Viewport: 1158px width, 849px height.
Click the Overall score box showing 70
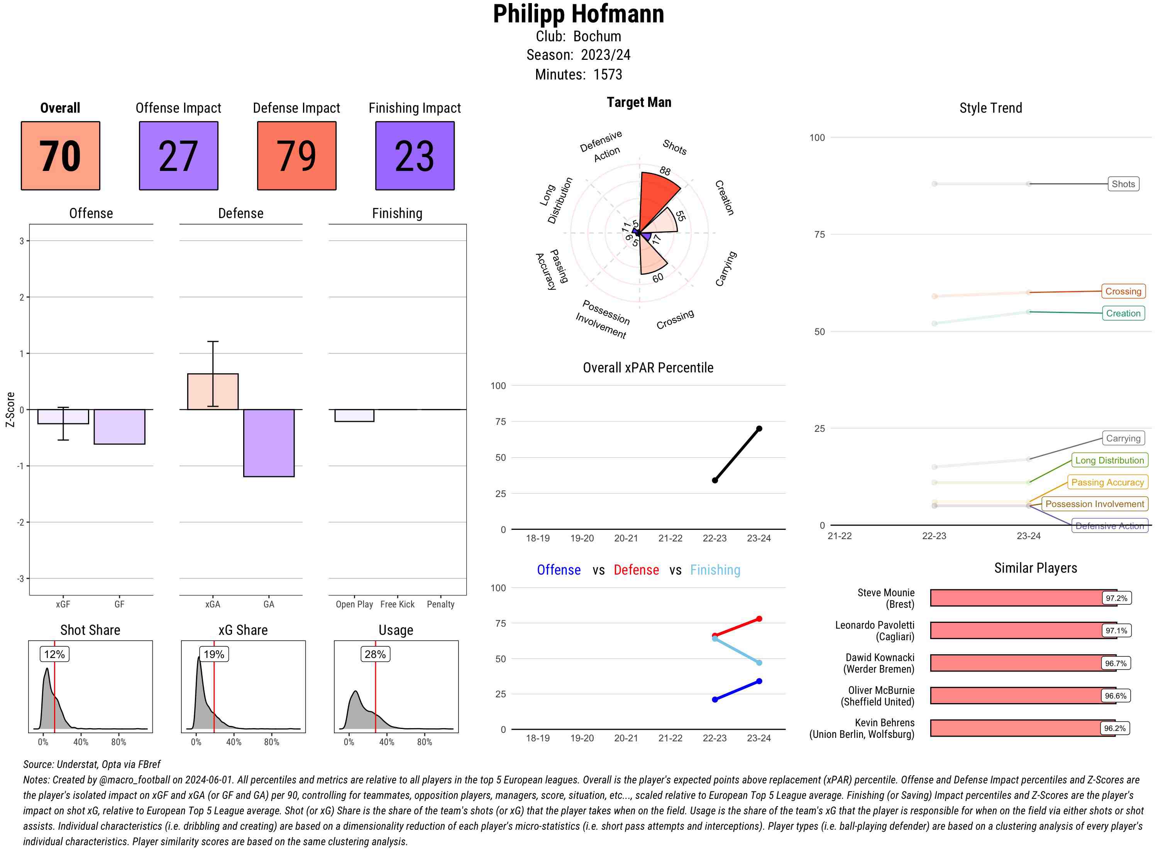[x=60, y=156]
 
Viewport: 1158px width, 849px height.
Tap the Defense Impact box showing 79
[x=296, y=156]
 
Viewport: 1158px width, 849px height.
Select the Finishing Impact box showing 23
[x=415, y=156]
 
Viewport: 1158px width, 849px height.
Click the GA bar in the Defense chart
[x=269, y=443]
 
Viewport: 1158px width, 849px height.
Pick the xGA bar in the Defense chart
[x=213, y=392]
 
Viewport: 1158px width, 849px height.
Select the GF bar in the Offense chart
[x=119, y=426]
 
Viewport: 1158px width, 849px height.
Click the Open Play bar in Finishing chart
[x=354, y=415]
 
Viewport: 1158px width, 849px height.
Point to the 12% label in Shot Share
[x=54, y=654]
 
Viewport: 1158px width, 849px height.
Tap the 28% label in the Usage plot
[x=375, y=654]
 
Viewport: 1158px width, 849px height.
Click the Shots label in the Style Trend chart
[x=1123, y=184]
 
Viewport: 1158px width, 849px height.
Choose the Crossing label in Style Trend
[x=1123, y=291]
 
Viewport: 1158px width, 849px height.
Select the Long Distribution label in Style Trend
[x=1109, y=460]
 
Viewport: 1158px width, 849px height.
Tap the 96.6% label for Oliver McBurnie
[x=1115, y=696]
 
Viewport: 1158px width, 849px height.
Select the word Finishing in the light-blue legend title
[x=715, y=570]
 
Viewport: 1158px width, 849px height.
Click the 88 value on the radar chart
[x=665, y=171]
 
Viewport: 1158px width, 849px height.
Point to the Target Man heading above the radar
[x=639, y=102]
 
